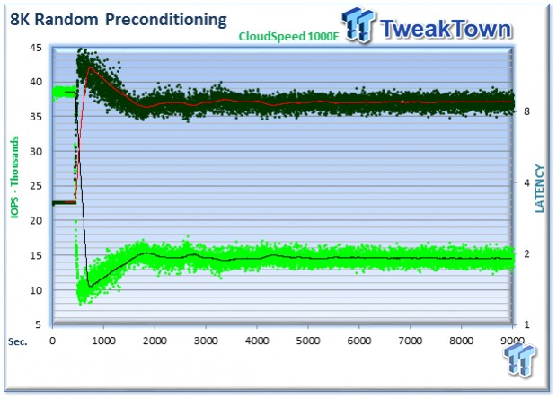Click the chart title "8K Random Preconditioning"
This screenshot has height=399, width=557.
point(119,20)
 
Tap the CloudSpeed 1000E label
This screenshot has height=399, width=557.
point(288,36)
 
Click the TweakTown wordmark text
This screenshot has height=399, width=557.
point(446,29)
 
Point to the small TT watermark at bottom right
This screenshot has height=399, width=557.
point(519,359)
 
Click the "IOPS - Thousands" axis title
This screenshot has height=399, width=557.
point(14,177)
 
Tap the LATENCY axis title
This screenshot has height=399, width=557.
point(539,189)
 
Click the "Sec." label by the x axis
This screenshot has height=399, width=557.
point(18,341)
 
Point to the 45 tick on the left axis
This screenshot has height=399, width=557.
point(36,48)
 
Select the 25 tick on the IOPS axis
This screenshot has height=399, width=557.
point(36,186)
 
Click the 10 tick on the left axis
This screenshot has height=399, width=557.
point(36,290)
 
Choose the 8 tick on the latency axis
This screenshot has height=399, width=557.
point(526,111)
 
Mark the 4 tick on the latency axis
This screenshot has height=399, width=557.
point(526,182)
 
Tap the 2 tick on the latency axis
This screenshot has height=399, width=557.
point(526,253)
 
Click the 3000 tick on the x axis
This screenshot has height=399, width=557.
point(206,341)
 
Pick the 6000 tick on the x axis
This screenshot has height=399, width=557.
point(358,341)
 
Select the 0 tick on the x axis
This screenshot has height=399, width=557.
point(53,341)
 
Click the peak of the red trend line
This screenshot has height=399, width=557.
point(91,67)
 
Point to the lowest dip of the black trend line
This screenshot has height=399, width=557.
point(90,286)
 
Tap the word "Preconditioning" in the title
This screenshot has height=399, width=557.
point(166,20)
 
